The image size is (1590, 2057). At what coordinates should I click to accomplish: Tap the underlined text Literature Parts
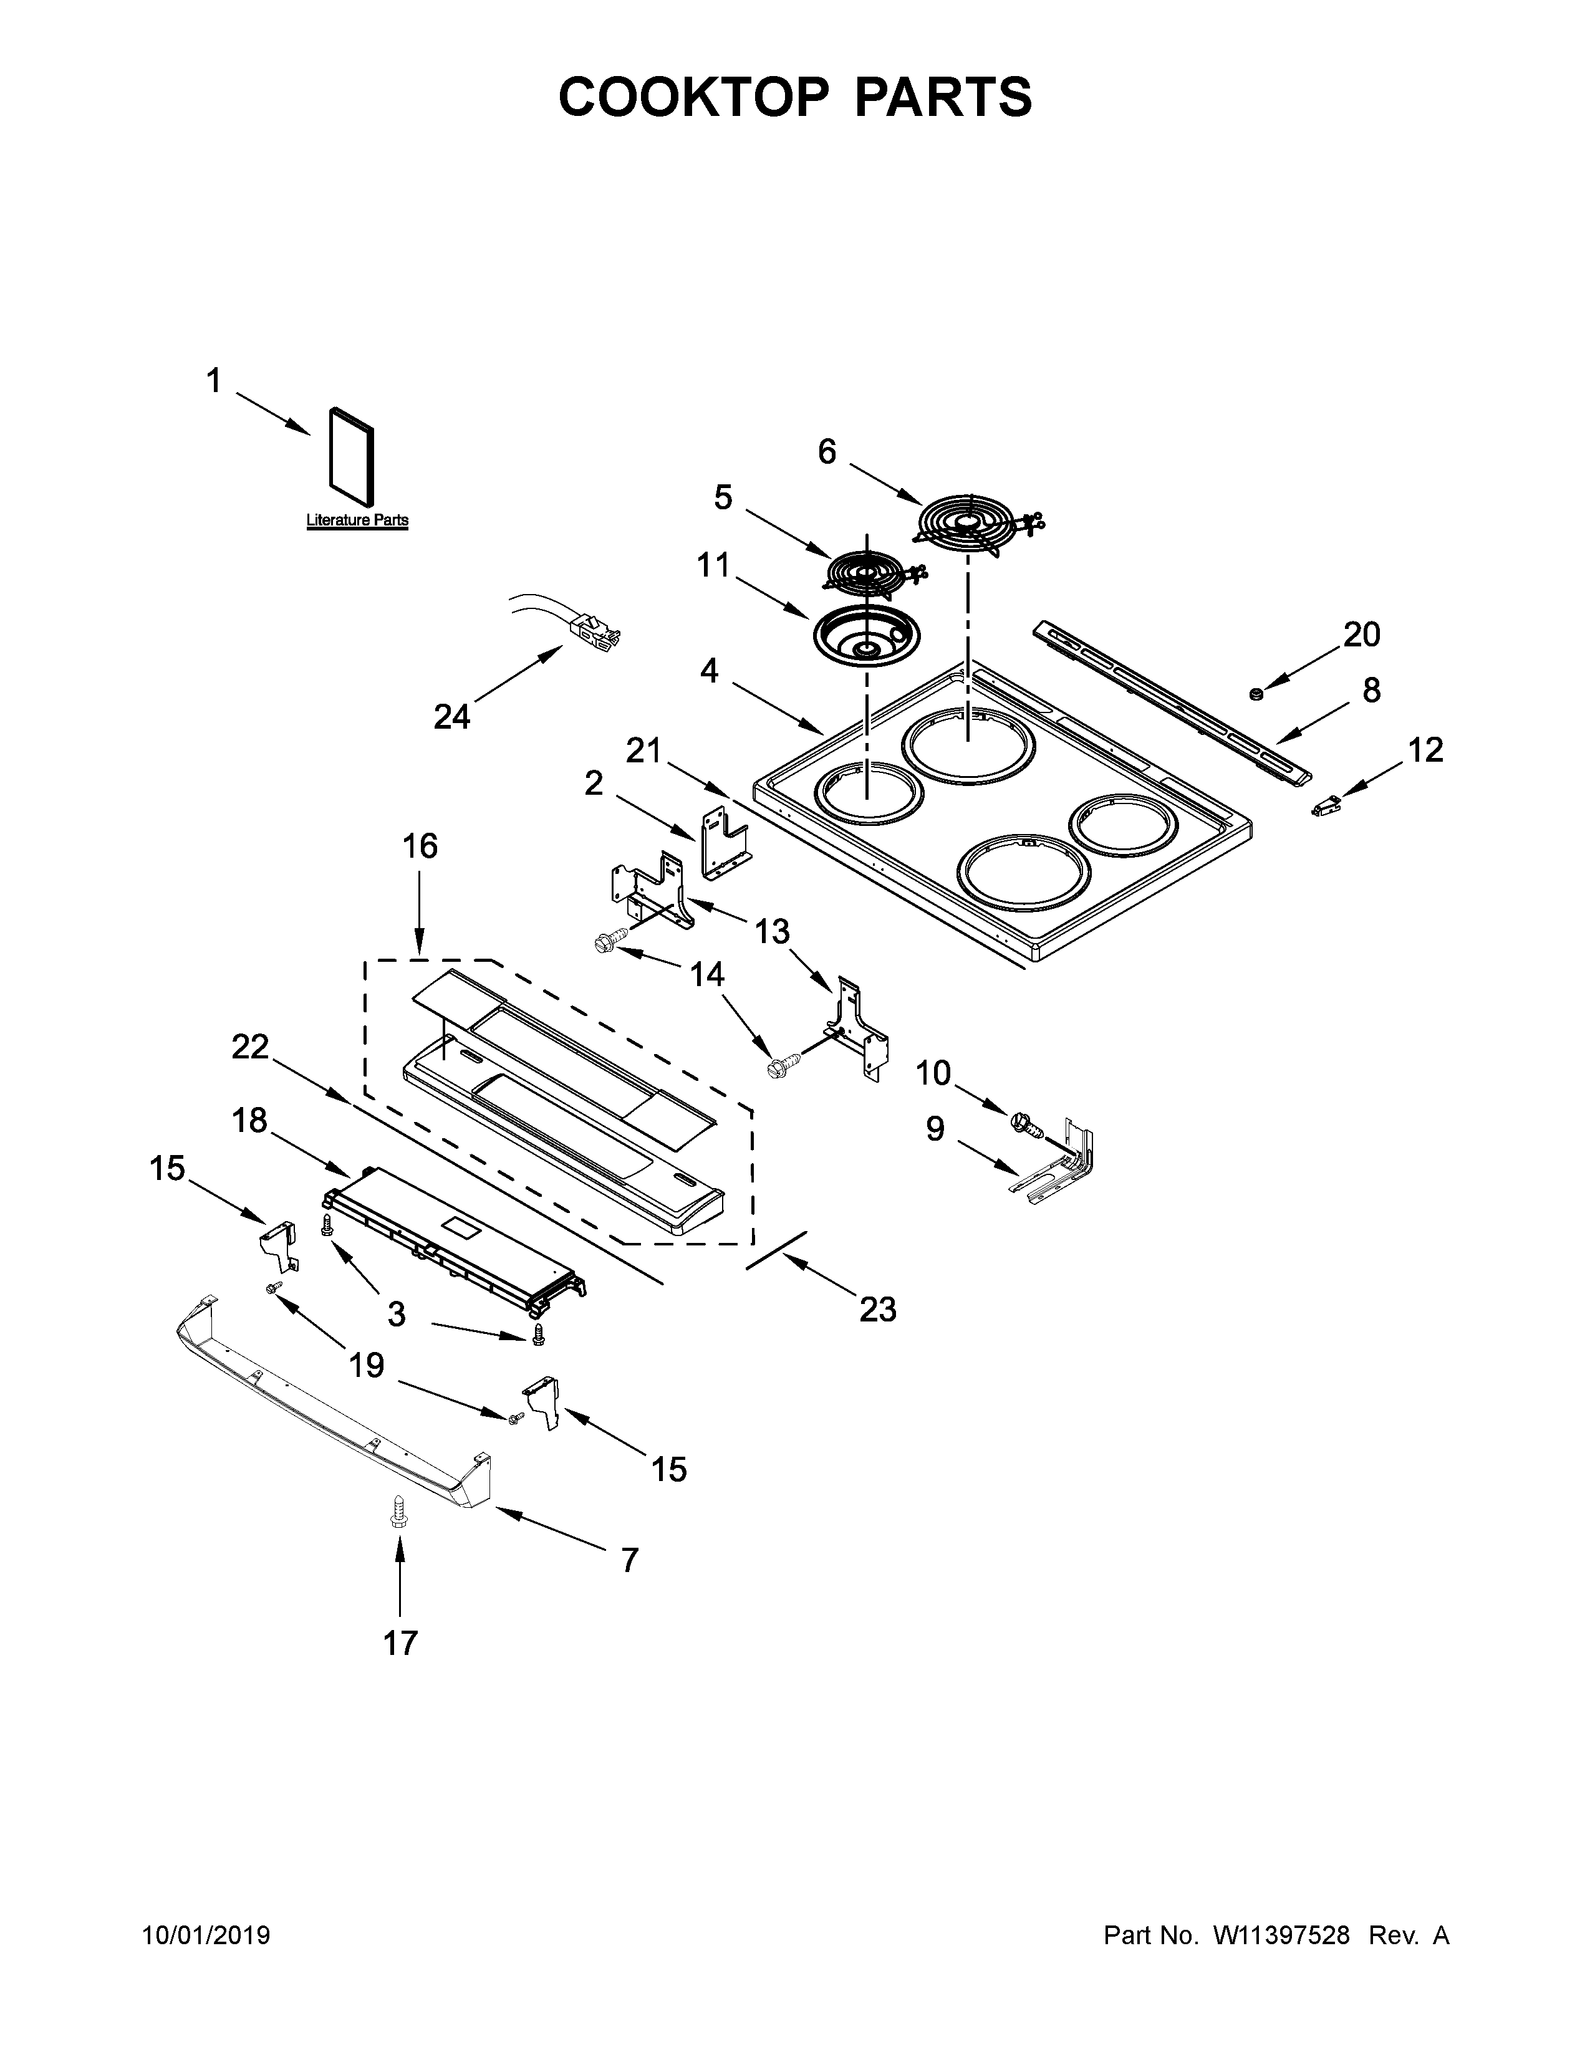(357, 520)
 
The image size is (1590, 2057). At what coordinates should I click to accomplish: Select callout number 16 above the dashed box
(420, 846)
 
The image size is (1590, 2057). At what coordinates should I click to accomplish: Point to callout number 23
(878, 1308)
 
